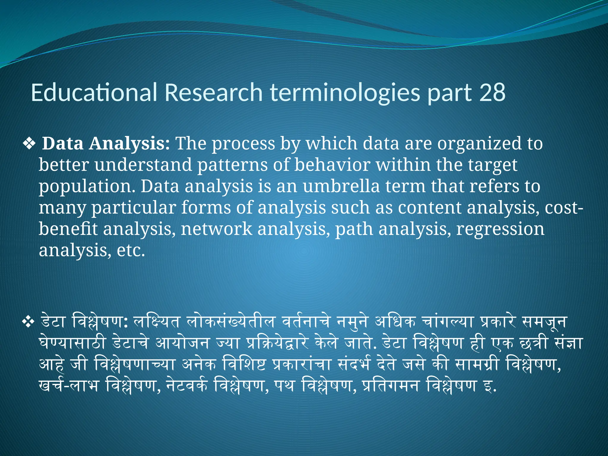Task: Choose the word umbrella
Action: (x=341, y=186)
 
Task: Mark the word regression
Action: (x=500, y=229)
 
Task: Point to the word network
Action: (x=216, y=229)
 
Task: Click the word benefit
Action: (x=68, y=229)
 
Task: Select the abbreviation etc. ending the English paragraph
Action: (x=131, y=251)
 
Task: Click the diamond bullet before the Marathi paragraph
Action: (x=28, y=322)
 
